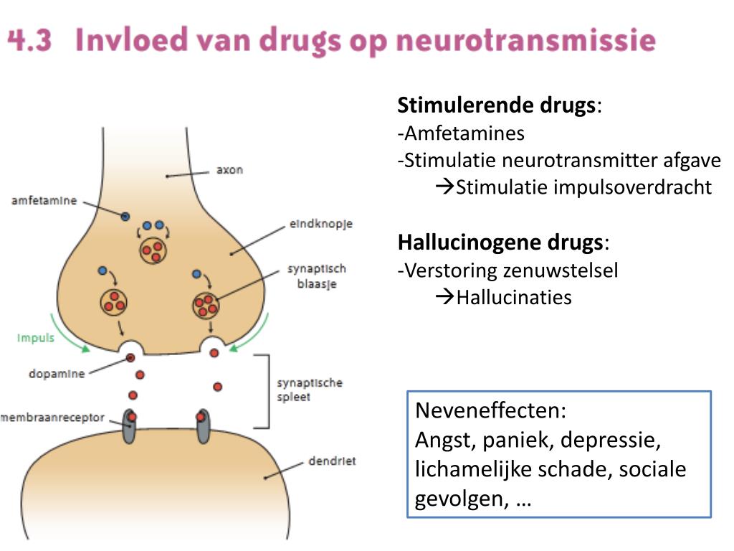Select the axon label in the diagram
[229, 170]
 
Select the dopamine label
[57, 373]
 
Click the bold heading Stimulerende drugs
[497, 105]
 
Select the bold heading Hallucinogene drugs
[500, 242]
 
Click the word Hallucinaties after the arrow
[514, 297]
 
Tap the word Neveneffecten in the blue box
[491, 411]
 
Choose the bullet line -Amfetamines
[462, 133]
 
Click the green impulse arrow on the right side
[242, 342]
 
